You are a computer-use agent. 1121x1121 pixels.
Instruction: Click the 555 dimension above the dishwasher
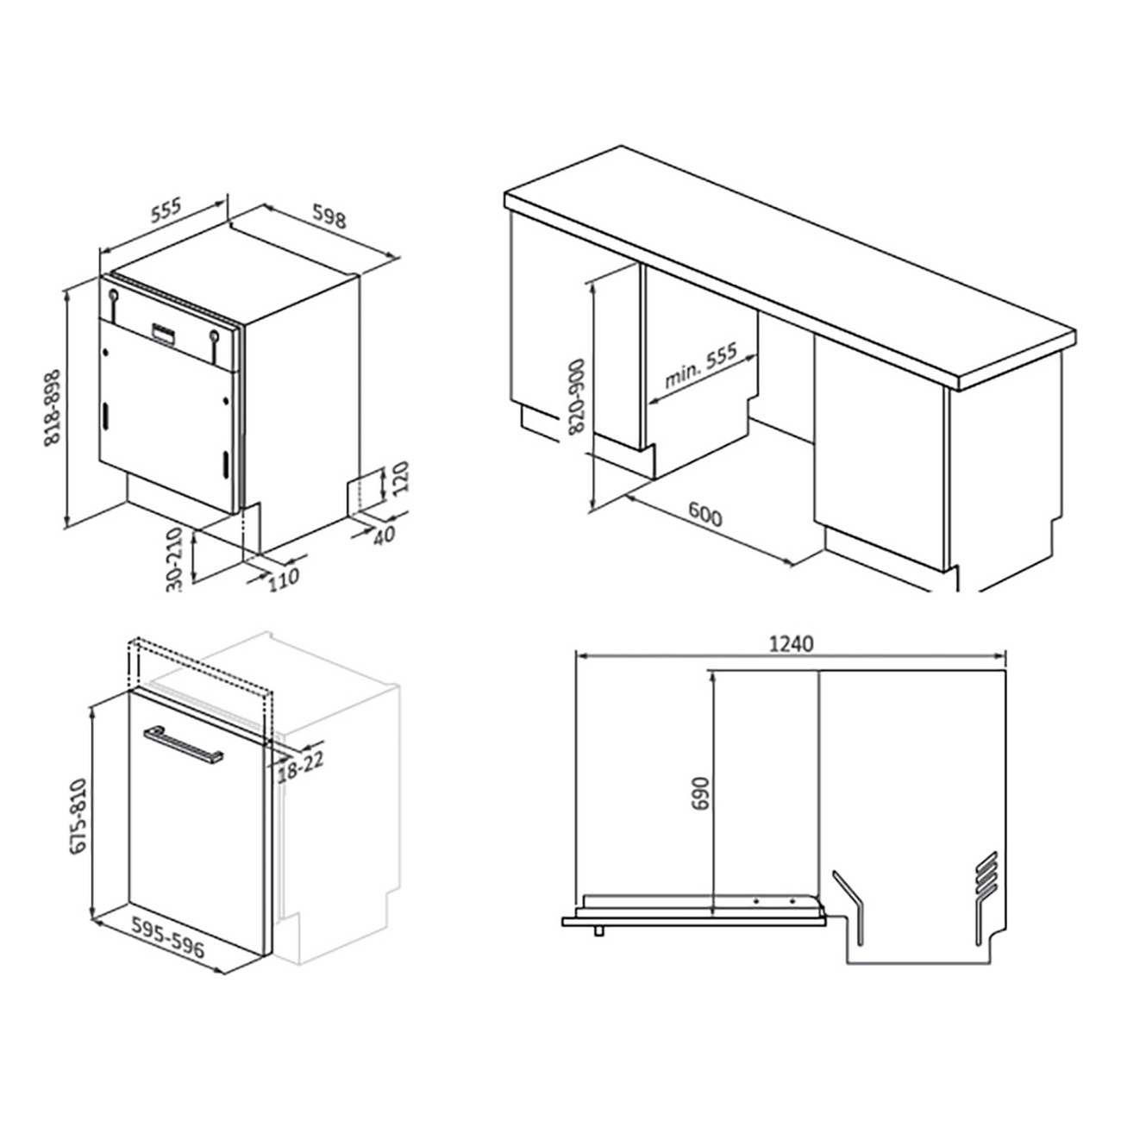pos(166,210)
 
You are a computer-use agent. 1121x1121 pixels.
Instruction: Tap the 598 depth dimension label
pos(329,216)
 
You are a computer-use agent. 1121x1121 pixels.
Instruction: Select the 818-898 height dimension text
pos(53,407)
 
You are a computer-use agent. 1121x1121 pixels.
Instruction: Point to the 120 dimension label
pos(401,477)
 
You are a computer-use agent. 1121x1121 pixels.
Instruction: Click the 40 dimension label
pos(384,535)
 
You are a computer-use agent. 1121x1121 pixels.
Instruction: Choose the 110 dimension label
pos(284,579)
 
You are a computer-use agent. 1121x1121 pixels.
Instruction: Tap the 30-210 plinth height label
pos(174,559)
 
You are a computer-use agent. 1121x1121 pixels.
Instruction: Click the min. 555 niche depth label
pos(701,365)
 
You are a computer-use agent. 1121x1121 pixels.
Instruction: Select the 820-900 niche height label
pos(577,396)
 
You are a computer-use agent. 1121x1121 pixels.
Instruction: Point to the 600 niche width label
pos(705,514)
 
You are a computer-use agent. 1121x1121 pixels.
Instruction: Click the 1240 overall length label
pos(791,644)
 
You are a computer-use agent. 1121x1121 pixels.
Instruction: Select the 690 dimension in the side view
pos(701,793)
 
